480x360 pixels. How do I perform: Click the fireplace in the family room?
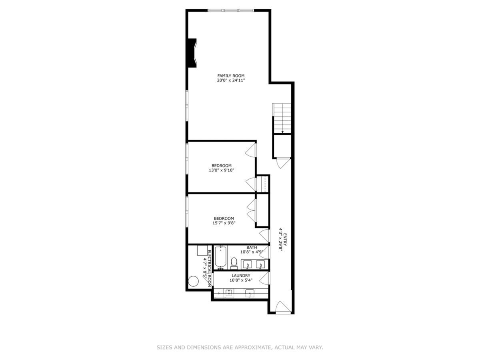tap(192, 53)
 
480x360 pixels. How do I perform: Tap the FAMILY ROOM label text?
tap(231, 76)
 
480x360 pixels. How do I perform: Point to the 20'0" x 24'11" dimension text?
tap(231, 80)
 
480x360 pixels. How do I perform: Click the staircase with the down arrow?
tap(283, 118)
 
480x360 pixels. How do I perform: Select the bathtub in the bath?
tap(220, 258)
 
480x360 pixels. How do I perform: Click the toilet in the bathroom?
tap(234, 263)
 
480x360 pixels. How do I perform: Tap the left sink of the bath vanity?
tap(247, 265)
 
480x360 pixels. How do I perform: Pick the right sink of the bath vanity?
tap(261, 265)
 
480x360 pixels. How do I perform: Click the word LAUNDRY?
tap(241, 276)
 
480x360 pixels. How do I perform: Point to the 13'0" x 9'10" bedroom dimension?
tap(221, 170)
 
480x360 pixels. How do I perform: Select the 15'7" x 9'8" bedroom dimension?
tap(223, 223)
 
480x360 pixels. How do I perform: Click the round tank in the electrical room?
tap(194, 281)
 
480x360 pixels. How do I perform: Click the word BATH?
tap(252, 248)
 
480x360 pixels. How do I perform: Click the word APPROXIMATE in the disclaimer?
tap(252, 348)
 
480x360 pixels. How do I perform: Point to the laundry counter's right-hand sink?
tap(250, 294)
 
